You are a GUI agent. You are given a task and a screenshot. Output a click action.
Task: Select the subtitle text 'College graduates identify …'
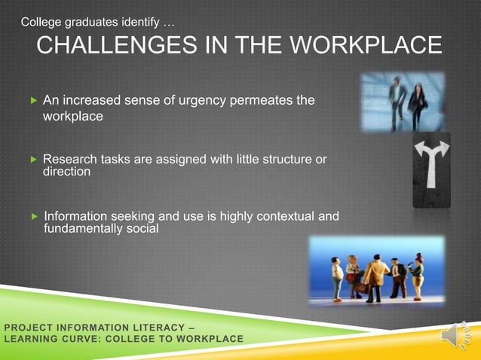[x=98, y=22]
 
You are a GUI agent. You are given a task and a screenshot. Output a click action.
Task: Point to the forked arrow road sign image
[x=431, y=169]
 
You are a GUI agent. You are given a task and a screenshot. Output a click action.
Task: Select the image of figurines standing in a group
[x=376, y=270]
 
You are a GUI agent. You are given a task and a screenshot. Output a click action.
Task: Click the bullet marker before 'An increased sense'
[x=32, y=100]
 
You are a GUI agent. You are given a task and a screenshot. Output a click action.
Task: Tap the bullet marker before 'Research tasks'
[x=32, y=160]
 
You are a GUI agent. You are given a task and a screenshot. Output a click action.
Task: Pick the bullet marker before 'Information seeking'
[x=32, y=217]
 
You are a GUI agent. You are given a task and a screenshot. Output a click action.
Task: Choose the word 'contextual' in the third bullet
[x=284, y=217]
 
